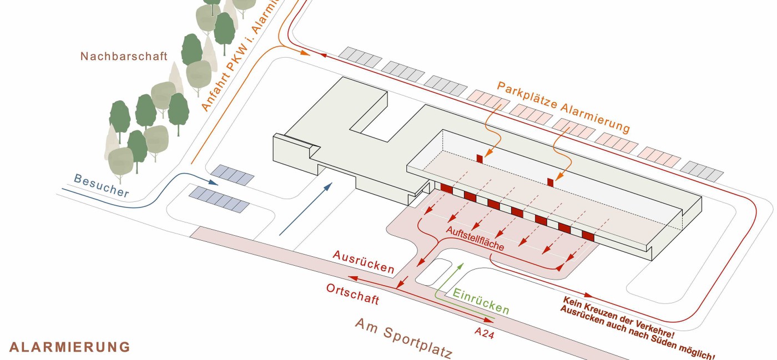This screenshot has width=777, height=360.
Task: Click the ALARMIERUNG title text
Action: click(70, 347)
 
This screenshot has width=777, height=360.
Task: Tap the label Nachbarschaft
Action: click(124, 56)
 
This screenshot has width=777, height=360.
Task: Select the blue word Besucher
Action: click(101, 186)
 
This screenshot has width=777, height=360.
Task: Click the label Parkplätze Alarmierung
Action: click(563, 107)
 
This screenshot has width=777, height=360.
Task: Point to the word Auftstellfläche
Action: click(475, 239)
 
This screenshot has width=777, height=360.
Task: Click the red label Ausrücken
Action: click(364, 262)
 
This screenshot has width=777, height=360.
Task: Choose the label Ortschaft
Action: click(352, 294)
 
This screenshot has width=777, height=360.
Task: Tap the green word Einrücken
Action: click(481, 301)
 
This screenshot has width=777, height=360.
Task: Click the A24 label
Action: click(484, 333)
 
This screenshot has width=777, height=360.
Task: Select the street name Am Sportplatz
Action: click(404, 338)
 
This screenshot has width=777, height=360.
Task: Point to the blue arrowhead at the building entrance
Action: click(328, 187)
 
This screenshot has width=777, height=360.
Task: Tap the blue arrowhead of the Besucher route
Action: click(214, 182)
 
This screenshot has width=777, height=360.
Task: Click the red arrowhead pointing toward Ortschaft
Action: click(353, 277)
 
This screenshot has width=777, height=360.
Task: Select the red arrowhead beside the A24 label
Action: click(489, 320)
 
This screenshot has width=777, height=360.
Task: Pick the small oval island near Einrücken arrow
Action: click(433, 272)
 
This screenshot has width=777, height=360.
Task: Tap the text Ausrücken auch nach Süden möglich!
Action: click(638, 333)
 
